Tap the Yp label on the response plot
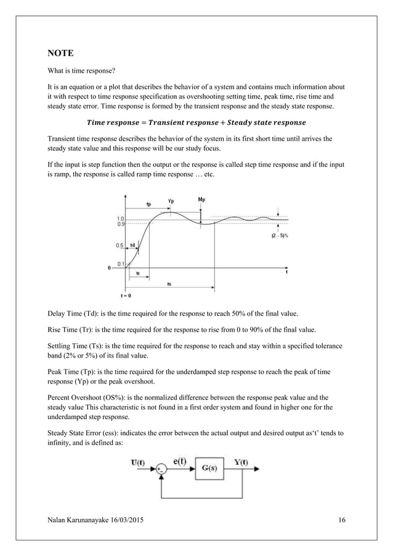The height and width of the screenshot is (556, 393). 171,201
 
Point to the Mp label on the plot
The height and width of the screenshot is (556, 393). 201,200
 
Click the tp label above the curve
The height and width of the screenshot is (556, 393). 148,203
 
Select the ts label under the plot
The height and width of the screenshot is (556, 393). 169,284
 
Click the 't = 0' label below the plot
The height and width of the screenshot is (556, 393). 126,295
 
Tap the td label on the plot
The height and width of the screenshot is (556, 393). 133,245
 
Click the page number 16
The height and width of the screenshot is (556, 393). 342,521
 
